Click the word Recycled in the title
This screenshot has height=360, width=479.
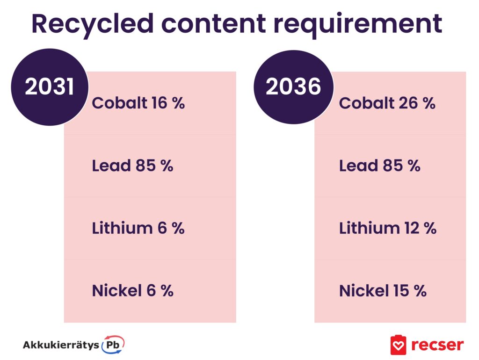tap(93, 24)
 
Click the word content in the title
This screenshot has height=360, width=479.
tap(213, 24)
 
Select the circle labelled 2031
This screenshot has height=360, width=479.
tap(50, 87)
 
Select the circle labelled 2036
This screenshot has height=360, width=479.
tap(293, 86)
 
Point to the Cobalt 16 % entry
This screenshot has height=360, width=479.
tap(138, 102)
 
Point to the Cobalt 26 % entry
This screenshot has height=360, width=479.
tap(387, 103)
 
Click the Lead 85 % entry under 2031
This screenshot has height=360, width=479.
tap(132, 166)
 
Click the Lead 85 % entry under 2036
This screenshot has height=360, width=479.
tap(380, 166)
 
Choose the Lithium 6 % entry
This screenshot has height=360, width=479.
tap(138, 228)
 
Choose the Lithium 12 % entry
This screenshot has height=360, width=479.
tap(388, 228)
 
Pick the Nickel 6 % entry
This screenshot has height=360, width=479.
tap(132, 290)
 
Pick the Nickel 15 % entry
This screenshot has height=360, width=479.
tap(383, 290)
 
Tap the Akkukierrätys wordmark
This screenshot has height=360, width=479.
tap(61, 346)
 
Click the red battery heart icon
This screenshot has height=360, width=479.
tap(399, 345)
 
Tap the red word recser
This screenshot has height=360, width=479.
tap(437, 345)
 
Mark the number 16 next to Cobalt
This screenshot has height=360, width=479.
tap(159, 103)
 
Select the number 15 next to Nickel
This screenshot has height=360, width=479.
tap(401, 290)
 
